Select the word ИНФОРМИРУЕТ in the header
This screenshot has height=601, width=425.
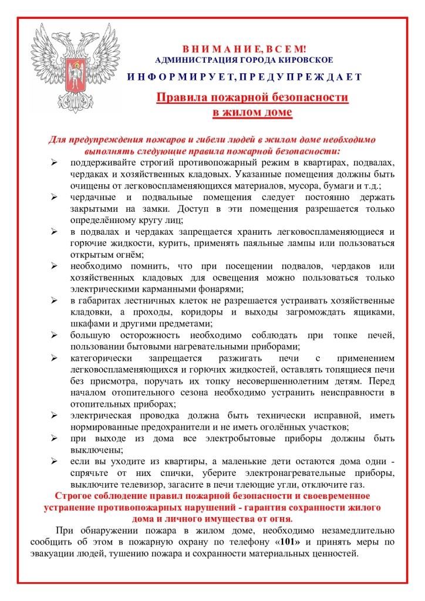[x=179, y=77]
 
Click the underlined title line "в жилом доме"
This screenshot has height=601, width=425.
[x=252, y=112]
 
